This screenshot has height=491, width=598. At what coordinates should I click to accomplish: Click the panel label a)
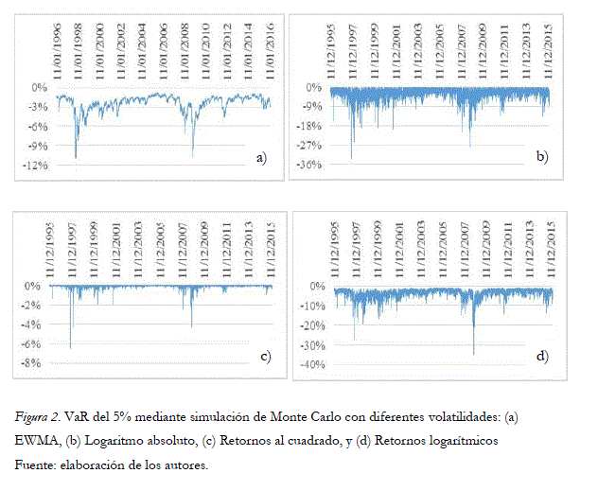click(262, 157)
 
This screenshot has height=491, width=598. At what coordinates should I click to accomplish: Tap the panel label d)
click(542, 356)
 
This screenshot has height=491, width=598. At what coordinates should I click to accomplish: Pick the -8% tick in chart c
click(34, 363)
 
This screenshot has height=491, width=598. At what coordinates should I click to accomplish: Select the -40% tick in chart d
click(311, 365)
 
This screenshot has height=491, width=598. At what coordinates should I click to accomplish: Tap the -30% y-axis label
click(311, 345)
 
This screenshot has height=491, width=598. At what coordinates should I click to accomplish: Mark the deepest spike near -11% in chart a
click(76, 157)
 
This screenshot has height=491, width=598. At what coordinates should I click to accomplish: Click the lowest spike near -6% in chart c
click(71, 347)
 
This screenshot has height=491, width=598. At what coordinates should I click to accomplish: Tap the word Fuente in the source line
click(34, 465)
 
